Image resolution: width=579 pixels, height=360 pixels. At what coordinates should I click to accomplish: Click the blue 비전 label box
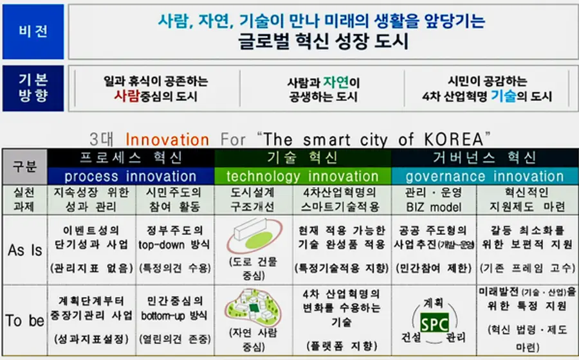coord(33,32)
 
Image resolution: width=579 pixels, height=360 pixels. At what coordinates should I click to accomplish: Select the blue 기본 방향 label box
coord(33,89)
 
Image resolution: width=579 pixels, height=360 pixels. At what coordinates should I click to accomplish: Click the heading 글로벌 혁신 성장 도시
coord(322,42)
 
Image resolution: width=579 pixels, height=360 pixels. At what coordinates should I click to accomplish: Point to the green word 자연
coord(336,82)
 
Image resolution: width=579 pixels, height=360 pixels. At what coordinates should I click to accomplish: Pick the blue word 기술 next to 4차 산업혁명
coord(503,97)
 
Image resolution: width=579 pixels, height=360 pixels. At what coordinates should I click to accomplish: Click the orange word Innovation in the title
coord(167,139)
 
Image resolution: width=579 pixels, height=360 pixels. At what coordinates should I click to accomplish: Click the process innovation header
coord(131,176)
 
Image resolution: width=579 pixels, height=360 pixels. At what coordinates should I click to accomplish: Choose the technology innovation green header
coord(302,176)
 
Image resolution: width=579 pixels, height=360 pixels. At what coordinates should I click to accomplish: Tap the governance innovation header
coord(484,176)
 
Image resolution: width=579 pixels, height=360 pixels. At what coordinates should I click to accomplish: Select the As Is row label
coord(24,250)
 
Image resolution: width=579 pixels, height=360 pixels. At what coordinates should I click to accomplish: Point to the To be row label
coord(24,320)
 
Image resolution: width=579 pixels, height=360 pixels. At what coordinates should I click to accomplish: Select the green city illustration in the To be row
coord(255,307)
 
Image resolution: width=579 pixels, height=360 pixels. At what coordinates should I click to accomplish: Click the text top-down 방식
coord(174,244)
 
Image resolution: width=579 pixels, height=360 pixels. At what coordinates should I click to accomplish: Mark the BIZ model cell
coord(432,206)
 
